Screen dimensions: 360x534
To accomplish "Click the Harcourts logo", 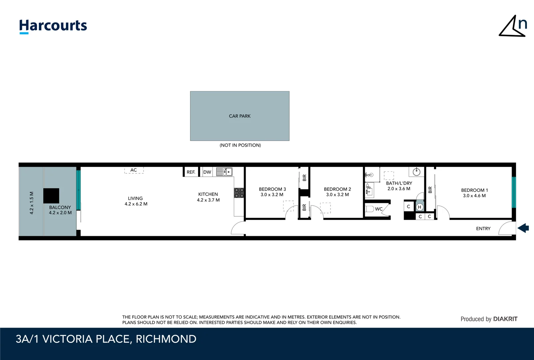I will [53, 26].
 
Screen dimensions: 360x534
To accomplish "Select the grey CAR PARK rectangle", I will [240, 116].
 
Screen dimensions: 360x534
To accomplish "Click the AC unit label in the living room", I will [134, 170].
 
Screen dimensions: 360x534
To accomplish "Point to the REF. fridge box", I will [191, 172].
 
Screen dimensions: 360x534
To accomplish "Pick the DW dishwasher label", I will [207, 172].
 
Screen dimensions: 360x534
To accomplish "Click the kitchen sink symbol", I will [224, 172].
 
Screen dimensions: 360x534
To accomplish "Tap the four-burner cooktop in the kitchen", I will [239, 193].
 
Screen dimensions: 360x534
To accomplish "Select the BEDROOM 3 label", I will [272, 192].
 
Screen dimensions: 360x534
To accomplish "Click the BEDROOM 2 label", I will [337, 192].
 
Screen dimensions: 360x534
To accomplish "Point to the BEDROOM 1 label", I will [474, 193].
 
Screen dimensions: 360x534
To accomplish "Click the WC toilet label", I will [379, 209].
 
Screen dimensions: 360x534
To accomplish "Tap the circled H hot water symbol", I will [419, 207].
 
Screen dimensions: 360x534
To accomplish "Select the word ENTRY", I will [483, 229].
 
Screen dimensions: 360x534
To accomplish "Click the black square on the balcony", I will [51, 196].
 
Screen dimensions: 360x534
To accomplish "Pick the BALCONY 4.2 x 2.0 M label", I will [60, 210].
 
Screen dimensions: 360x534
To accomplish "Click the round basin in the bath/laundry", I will [416, 172].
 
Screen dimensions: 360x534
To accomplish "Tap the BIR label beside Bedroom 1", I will [430, 190].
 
